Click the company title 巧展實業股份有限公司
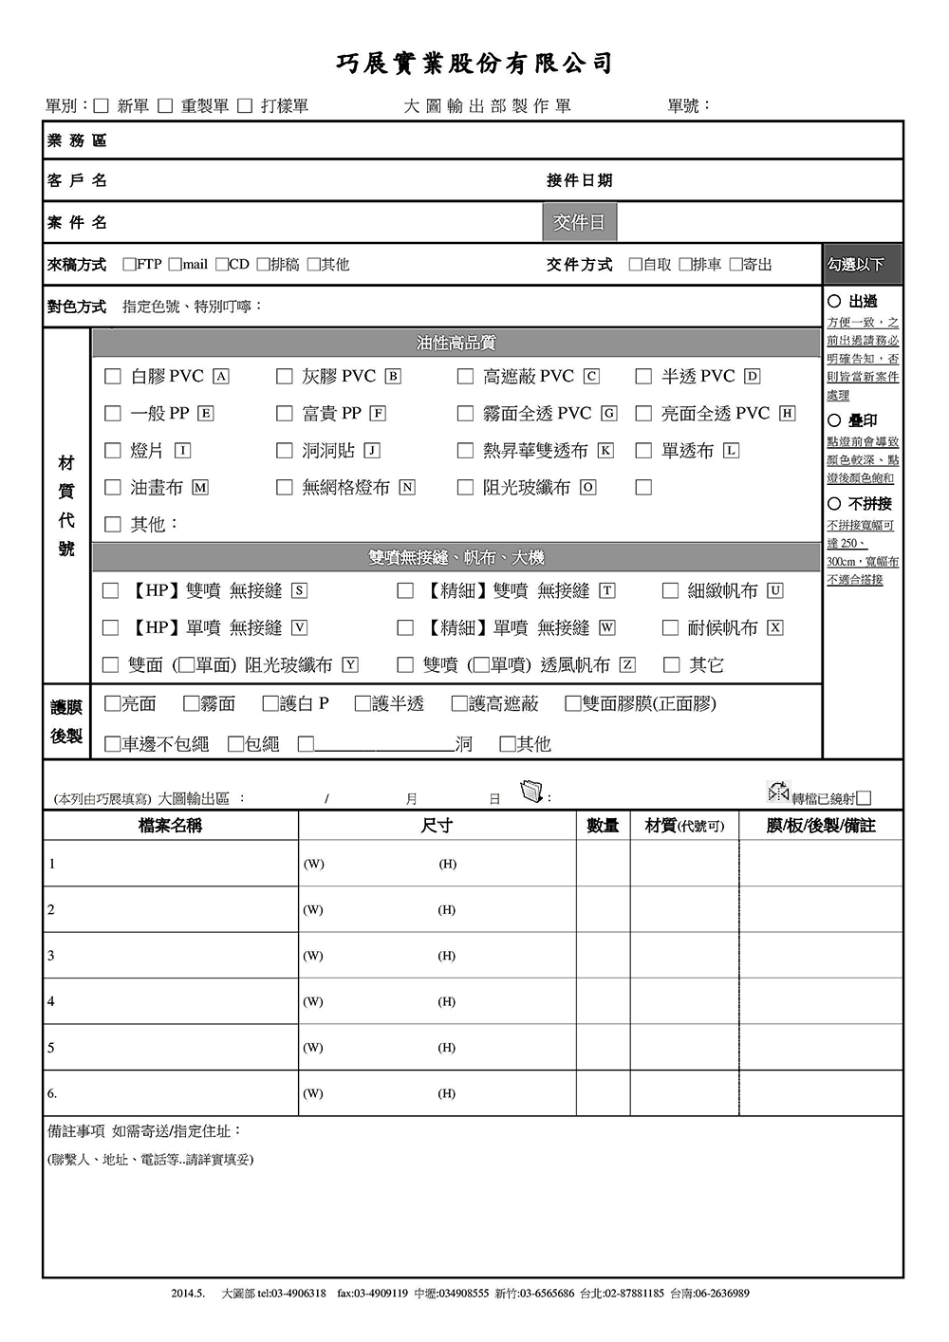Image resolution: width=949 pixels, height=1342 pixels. point(474,64)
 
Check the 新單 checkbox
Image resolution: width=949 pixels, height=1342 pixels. point(102,106)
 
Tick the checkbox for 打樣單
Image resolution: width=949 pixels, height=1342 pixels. point(245,106)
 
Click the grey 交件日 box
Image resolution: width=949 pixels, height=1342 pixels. point(579,222)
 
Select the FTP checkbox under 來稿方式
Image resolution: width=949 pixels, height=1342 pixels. point(129,265)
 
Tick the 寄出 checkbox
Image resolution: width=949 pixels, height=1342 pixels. point(735,265)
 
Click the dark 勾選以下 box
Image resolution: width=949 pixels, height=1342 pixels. point(862,265)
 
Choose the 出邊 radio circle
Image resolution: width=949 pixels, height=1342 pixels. point(834,302)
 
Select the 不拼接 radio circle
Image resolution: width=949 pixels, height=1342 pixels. point(834,504)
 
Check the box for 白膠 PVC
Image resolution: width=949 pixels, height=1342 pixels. point(113,377)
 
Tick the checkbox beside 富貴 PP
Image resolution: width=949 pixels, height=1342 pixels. point(284,414)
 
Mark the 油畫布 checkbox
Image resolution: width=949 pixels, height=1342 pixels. point(113,488)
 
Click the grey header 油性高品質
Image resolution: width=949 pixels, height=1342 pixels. point(456,343)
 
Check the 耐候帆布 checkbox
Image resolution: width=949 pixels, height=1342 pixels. point(670,628)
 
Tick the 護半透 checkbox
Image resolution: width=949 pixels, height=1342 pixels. point(362,704)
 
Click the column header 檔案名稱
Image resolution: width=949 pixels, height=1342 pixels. point(171,826)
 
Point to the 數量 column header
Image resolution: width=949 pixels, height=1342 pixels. point(603,826)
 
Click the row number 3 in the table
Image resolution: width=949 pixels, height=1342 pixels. point(51,956)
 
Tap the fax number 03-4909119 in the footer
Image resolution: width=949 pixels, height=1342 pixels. point(372,1294)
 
